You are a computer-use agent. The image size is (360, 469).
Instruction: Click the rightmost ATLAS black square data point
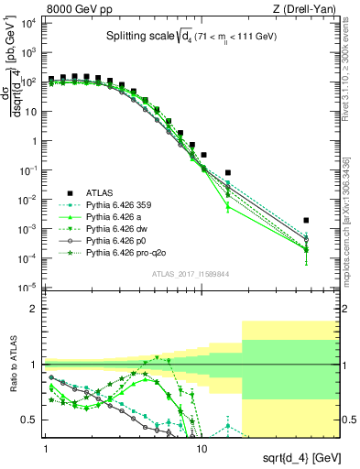coord(306,221)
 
